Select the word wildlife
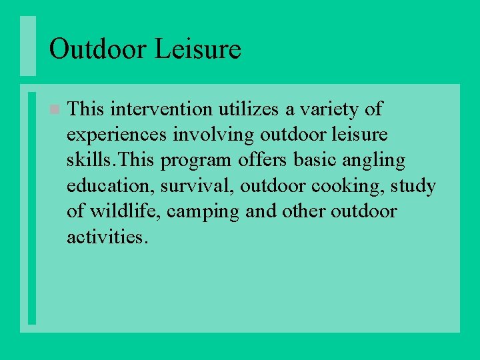[x=124, y=212]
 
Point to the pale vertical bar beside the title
[x=27, y=46]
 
